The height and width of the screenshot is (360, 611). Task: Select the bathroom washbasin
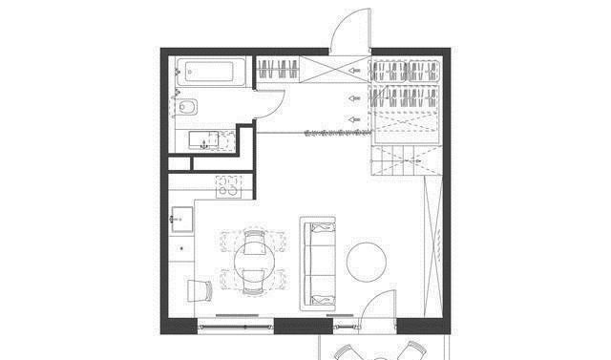[205, 141]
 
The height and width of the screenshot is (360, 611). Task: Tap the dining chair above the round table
[254, 235]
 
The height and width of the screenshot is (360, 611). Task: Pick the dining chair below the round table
[254, 280]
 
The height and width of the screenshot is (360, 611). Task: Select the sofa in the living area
[319, 263]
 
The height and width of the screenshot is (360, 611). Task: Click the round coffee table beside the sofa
[366, 262]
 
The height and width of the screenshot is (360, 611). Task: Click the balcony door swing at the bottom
[377, 309]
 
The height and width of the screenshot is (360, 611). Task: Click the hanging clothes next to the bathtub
[279, 70]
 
